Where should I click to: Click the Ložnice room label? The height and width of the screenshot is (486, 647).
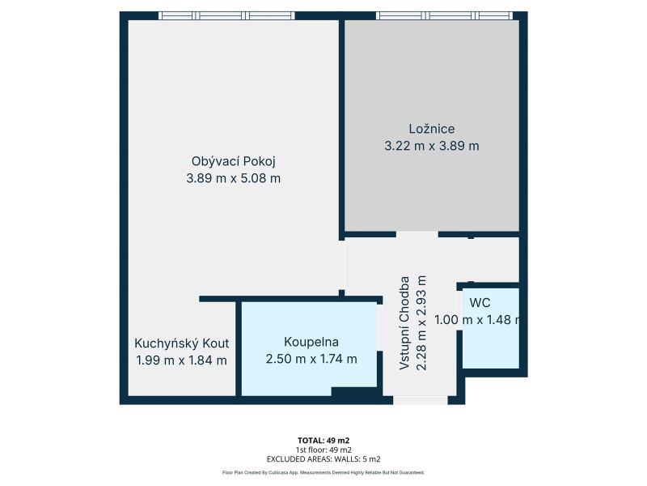click(x=432, y=129)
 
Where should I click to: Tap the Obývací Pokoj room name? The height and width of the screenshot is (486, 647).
click(x=233, y=161)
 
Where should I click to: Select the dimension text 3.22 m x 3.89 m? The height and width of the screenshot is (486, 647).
click(x=432, y=146)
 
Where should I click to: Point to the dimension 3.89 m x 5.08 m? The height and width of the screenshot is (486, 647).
click(x=233, y=178)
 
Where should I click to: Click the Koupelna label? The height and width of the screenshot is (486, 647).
click(x=311, y=342)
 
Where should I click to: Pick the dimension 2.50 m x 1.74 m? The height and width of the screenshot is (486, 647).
click(x=311, y=359)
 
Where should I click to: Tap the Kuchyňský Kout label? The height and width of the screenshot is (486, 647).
click(x=181, y=343)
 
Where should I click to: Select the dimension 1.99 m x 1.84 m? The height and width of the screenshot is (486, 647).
click(x=181, y=360)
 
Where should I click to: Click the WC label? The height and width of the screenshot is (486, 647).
click(x=480, y=303)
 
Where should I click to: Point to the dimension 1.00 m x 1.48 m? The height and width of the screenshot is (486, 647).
click(x=477, y=320)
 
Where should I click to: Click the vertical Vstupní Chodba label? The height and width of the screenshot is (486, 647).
click(x=404, y=323)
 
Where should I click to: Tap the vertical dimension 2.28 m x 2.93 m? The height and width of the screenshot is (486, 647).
click(x=421, y=323)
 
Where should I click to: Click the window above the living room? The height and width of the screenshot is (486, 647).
click(x=227, y=15)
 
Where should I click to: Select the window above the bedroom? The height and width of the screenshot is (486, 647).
click(x=444, y=15)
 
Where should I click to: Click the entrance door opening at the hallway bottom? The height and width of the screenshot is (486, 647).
click(x=420, y=400)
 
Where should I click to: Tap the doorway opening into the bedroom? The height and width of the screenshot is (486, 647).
click(x=417, y=235)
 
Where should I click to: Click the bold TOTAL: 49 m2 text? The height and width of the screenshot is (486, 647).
click(x=323, y=441)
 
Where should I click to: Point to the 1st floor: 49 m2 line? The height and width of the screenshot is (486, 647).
click(x=323, y=450)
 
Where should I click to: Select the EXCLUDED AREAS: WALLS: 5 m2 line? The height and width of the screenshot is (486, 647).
click(x=323, y=459)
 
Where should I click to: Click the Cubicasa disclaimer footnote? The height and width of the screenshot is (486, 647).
click(x=323, y=472)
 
